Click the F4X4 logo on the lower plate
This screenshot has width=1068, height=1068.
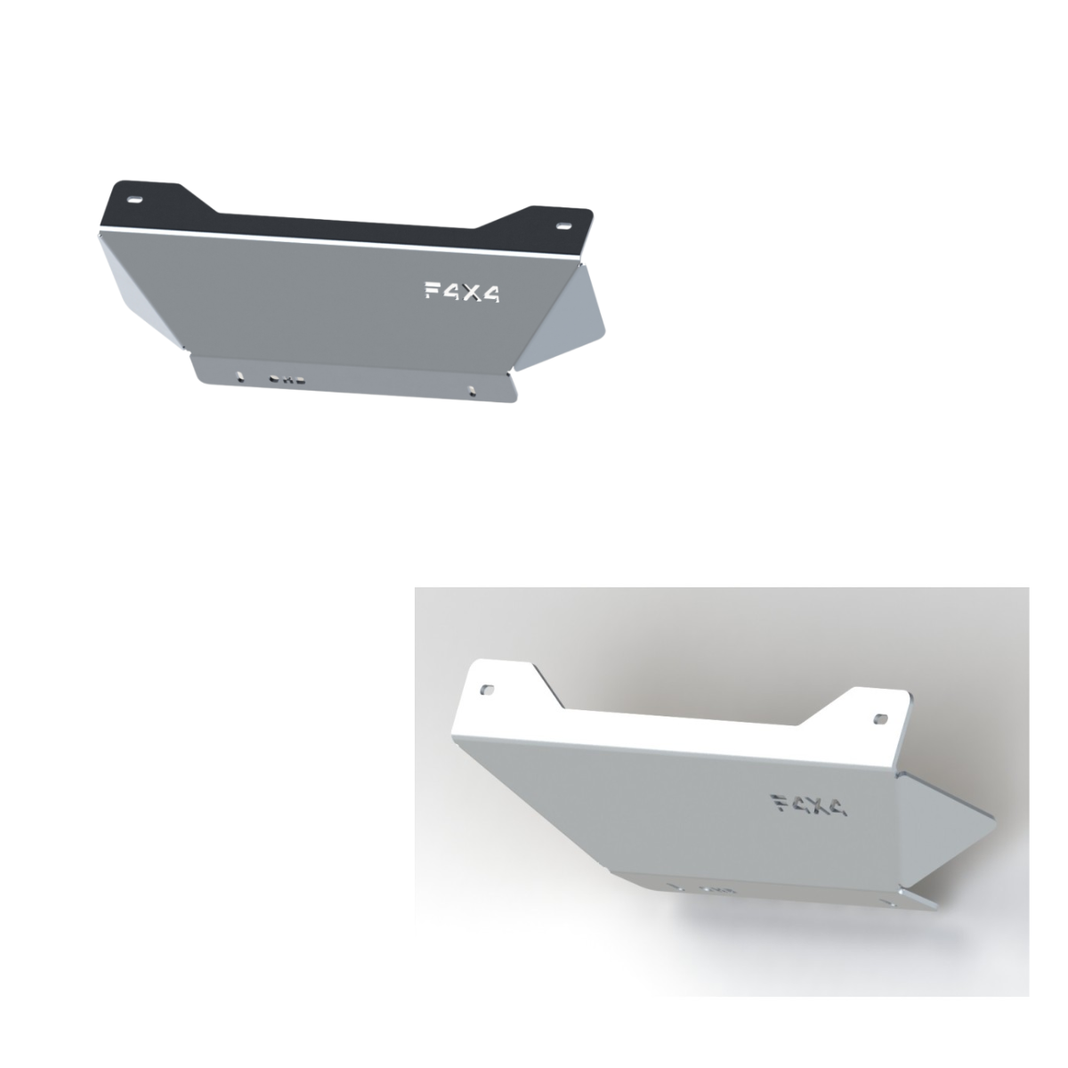(x=810, y=805)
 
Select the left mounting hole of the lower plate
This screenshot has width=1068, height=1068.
(x=489, y=690)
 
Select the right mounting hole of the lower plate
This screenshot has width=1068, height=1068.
(x=880, y=717)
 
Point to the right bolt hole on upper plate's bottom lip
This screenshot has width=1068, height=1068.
(x=469, y=388)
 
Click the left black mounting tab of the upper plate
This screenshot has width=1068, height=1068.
(x=142, y=201)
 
